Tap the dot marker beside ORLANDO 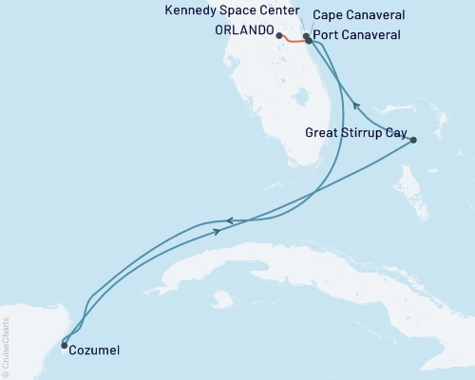tap(278, 36)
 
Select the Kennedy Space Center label tap(225, 11)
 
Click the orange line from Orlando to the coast tap(292, 41)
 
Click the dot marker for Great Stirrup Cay tap(412, 140)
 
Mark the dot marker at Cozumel tap(65, 345)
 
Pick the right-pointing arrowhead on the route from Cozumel tap(218, 231)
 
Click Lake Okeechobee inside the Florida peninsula tap(303, 97)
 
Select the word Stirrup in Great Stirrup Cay tap(353, 133)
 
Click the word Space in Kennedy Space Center tap(225, 11)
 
